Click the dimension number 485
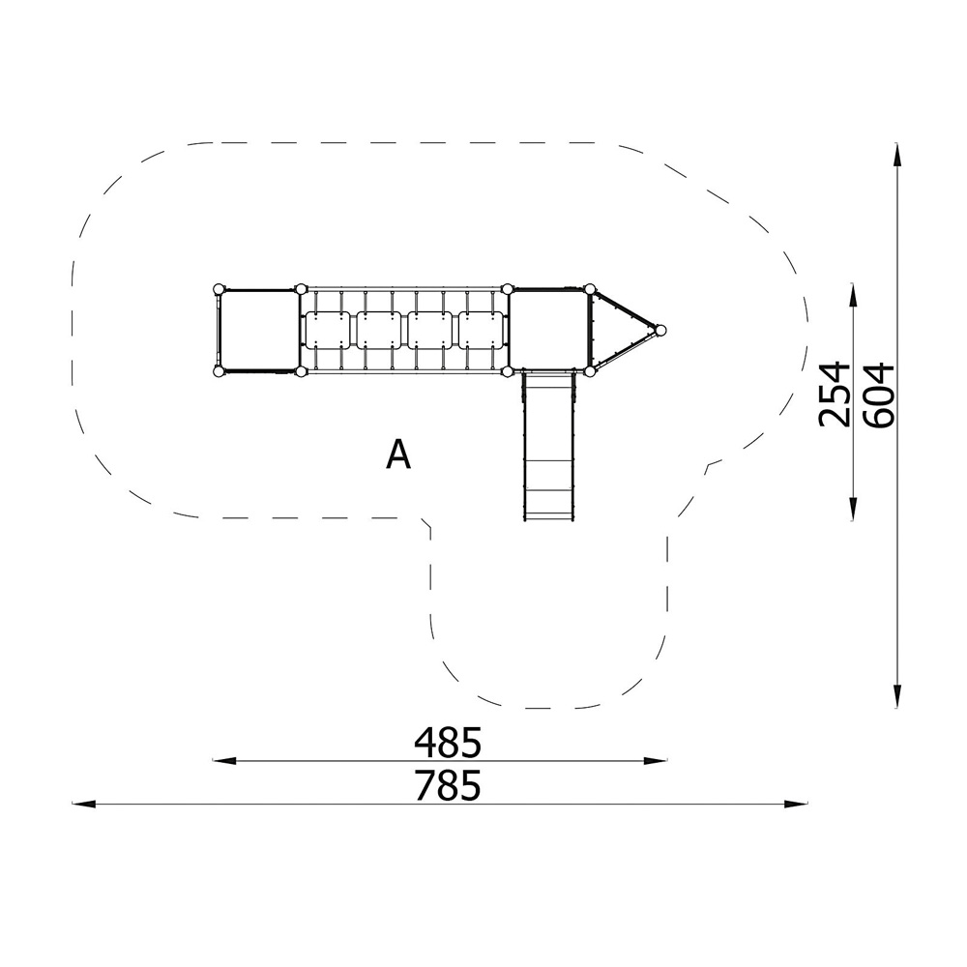pos(447,743)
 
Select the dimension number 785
pos(447,785)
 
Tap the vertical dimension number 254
pos(834,395)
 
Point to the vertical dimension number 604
pos(878,395)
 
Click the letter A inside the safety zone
pos(398,454)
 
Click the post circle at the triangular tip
pos(661,331)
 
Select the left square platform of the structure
pos(259,331)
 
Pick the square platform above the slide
pos(548,331)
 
